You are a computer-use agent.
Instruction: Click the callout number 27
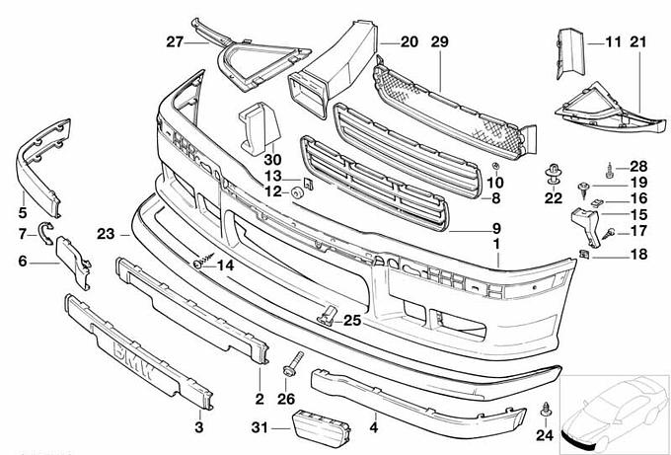(x=175, y=41)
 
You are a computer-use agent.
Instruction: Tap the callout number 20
(x=410, y=41)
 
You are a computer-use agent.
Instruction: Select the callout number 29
(x=439, y=41)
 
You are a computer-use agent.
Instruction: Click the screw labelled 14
(x=200, y=264)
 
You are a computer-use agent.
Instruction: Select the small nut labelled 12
(x=295, y=190)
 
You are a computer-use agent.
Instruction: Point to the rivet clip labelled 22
(x=551, y=179)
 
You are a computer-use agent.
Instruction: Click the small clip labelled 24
(x=548, y=409)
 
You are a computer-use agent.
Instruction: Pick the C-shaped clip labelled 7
(x=42, y=233)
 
